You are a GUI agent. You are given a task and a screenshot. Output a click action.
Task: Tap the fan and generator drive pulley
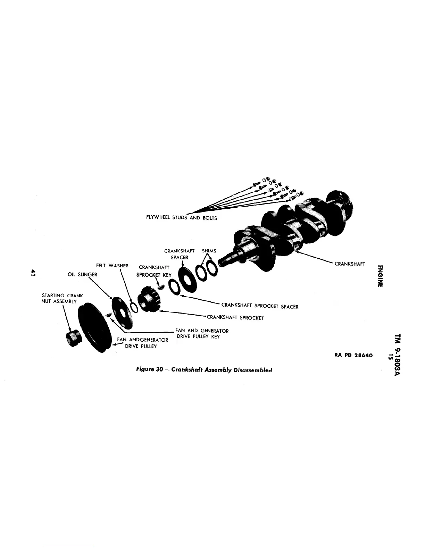[x=93, y=330]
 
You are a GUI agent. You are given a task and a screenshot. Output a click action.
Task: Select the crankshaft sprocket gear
[x=151, y=300]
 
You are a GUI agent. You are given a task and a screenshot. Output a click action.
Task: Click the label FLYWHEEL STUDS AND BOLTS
[x=181, y=218]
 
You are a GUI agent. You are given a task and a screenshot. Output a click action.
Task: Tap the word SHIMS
[x=209, y=251]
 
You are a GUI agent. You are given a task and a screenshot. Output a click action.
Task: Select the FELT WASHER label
[x=112, y=266]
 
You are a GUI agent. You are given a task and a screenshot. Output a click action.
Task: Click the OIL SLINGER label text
[x=83, y=275]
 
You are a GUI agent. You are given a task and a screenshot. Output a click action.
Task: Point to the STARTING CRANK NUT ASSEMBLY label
[x=62, y=298]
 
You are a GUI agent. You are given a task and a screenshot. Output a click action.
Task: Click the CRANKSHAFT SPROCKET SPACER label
[x=260, y=306]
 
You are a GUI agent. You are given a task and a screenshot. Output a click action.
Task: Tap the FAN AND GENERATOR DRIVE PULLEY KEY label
[x=202, y=334]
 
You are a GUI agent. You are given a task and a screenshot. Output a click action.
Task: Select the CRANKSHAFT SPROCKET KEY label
[x=154, y=271]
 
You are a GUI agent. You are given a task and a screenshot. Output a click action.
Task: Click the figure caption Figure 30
[x=204, y=370]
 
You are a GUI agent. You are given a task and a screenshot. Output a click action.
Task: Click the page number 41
[x=33, y=272]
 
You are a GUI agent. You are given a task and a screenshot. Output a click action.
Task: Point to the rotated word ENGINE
[x=381, y=276]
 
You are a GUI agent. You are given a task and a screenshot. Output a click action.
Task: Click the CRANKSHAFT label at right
[x=350, y=264]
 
